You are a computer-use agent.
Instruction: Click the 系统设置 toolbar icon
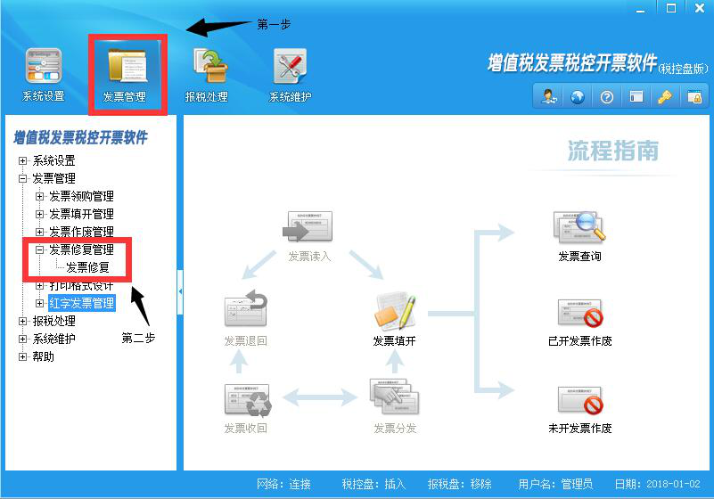tap(43, 69)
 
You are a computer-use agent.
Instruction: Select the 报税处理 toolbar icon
tap(207, 69)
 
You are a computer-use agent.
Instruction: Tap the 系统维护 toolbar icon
tap(290, 69)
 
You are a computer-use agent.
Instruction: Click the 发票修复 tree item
tap(87, 267)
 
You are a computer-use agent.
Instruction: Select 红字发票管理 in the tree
tap(81, 303)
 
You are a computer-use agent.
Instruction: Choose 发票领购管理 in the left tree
tap(81, 196)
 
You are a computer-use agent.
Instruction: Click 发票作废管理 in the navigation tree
tap(81, 232)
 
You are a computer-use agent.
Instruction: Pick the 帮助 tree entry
tap(43, 356)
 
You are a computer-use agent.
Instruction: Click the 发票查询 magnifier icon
tap(579, 228)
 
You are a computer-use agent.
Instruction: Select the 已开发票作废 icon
tap(579, 313)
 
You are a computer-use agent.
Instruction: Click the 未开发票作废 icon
tap(579, 400)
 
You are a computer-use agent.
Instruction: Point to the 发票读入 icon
tap(308, 228)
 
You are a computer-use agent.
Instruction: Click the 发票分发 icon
tap(394, 398)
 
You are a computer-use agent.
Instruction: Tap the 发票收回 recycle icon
tap(246, 400)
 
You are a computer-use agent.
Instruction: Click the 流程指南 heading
tap(612, 151)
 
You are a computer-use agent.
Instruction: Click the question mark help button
tap(607, 96)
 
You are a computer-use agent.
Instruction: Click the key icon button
tap(664, 96)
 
